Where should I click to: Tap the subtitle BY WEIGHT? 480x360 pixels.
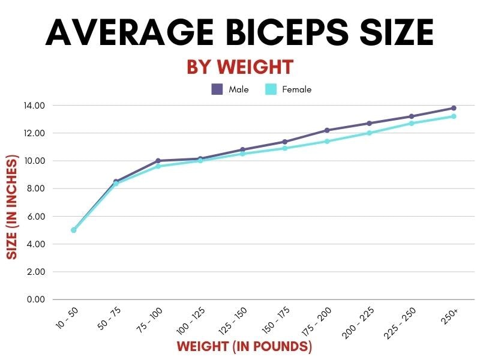(x=239, y=67)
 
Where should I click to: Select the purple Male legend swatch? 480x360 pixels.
(x=217, y=89)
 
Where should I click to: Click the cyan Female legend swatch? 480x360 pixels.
(x=271, y=89)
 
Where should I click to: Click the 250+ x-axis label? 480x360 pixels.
(x=449, y=316)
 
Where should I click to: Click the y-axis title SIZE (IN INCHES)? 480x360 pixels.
(x=11, y=208)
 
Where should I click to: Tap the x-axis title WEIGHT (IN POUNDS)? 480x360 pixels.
(x=244, y=347)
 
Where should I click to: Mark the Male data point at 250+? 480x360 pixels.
(x=454, y=108)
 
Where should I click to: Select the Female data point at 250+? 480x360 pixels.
(x=454, y=116)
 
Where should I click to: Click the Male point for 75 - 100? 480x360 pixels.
(x=158, y=161)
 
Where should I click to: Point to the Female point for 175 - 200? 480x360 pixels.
(x=327, y=142)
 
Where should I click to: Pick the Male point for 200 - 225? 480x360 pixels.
(x=369, y=124)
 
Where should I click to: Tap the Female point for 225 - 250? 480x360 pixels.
(x=412, y=124)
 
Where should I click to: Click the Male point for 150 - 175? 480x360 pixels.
(x=284, y=142)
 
